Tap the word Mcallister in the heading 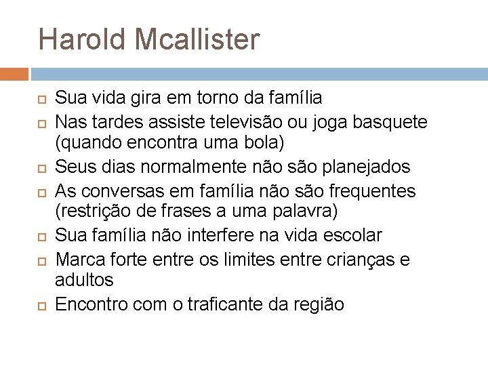[x=197, y=39]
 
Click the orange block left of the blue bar [x=14, y=74]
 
